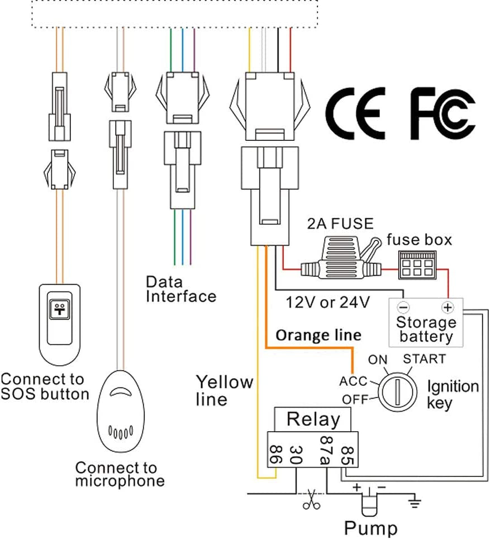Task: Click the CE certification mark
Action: pyautogui.click(x=356, y=114)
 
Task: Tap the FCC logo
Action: pyautogui.click(x=443, y=114)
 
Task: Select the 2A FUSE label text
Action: pyautogui.click(x=340, y=224)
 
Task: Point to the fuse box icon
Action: pyautogui.click(x=417, y=264)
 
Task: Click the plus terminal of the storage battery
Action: pyautogui.click(x=448, y=307)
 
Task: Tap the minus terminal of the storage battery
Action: pyautogui.click(x=403, y=307)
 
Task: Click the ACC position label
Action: pyautogui.click(x=353, y=381)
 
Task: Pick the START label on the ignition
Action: pyautogui.click(x=425, y=359)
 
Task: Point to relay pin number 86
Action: pyautogui.click(x=276, y=455)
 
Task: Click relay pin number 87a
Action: pyautogui.click(x=326, y=450)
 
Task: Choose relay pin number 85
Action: pyautogui.click(x=347, y=455)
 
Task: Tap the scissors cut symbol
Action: pyautogui.click(x=312, y=499)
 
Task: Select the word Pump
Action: pyautogui.click(x=371, y=528)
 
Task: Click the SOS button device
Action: pyautogui.click(x=60, y=324)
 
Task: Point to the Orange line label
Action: pyautogui.click(x=318, y=335)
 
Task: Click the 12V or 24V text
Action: pyautogui.click(x=328, y=302)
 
